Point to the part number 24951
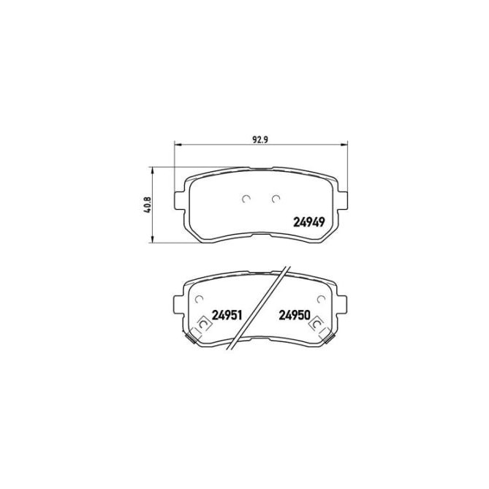227,316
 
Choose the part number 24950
295,316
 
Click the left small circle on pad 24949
246,198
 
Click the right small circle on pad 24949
276,198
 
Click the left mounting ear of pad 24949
179,199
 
